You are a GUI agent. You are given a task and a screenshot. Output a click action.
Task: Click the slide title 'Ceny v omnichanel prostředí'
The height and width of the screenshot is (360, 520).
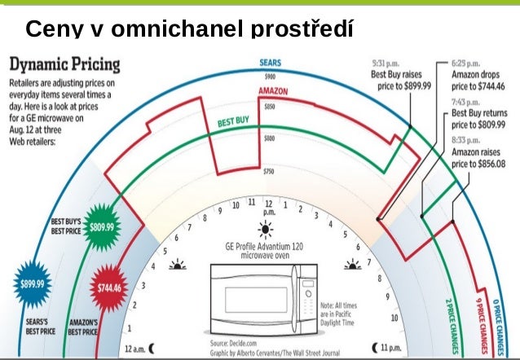[189, 29]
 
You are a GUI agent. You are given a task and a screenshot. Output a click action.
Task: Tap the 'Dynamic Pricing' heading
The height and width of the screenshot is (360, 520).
[64, 64]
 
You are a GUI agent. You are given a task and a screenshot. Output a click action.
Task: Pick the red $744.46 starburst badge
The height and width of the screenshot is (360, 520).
[108, 288]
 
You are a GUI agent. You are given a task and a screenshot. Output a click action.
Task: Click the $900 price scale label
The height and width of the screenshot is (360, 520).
[269, 76]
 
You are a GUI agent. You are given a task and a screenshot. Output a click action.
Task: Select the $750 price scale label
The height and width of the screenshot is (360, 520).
[269, 171]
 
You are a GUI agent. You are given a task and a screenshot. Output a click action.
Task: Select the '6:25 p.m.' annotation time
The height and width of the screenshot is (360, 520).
[467, 62]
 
